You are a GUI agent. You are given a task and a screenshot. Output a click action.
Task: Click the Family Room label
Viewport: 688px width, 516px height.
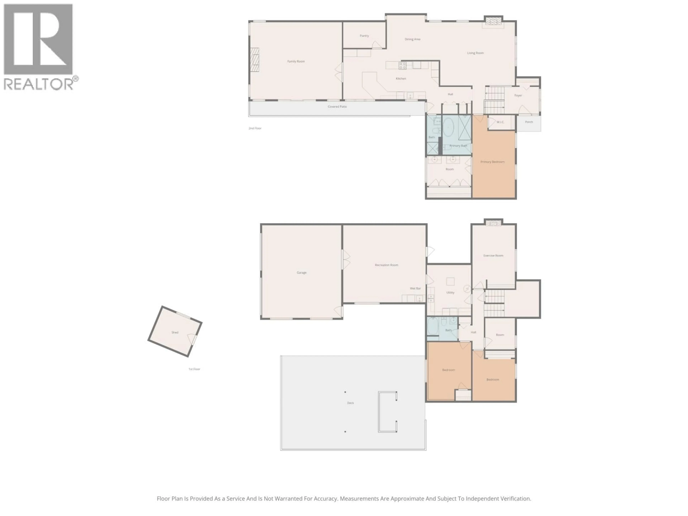(296, 61)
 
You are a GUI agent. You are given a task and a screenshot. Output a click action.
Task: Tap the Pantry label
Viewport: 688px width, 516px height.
(364, 36)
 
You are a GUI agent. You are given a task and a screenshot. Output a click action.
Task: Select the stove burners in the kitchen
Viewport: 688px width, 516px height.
(402, 65)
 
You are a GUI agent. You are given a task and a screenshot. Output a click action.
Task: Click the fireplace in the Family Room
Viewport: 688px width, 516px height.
(255, 60)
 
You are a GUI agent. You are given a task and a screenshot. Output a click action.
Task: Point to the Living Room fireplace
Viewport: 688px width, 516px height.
(493, 21)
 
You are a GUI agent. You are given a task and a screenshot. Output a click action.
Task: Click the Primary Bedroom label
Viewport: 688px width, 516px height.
(492, 162)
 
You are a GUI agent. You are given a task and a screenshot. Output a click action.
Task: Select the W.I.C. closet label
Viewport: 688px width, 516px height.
(500, 122)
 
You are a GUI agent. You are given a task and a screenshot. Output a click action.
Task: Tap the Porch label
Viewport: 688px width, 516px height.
(529, 122)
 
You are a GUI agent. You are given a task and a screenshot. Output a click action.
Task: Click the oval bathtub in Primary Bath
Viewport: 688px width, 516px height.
(448, 130)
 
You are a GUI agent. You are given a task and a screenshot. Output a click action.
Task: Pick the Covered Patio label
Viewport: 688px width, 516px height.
(337, 107)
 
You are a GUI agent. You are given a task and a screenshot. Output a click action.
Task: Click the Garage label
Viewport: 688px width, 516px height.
(301, 273)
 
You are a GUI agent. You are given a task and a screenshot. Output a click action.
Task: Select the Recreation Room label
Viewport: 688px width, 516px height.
(386, 265)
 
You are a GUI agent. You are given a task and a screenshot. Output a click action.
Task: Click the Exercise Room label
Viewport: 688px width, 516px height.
(493, 255)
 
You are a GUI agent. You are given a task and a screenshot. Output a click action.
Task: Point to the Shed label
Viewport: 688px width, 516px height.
(175, 332)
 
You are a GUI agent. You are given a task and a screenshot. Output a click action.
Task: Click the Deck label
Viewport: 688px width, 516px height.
(350, 403)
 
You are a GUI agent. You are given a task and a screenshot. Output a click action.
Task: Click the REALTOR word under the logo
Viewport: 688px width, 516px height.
(38, 84)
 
